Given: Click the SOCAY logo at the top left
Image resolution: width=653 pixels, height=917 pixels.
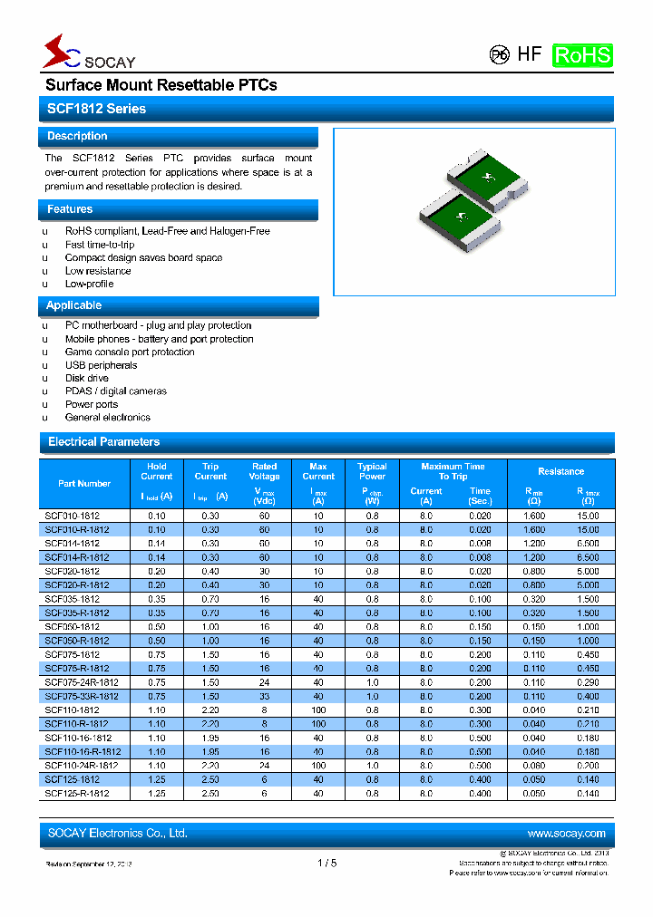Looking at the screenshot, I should pos(88,53).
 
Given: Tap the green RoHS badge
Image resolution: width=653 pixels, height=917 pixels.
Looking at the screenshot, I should pos(582,54).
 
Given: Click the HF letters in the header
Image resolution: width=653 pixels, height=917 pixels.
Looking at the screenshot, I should pos(530,53).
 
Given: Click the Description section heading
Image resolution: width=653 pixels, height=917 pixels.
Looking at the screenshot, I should pos(77,136).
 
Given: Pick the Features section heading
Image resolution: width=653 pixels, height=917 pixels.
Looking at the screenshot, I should pos(70,209).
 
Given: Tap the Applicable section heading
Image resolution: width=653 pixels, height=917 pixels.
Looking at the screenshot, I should pos(74,306).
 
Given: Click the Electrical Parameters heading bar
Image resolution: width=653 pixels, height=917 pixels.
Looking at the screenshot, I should pos(103,442).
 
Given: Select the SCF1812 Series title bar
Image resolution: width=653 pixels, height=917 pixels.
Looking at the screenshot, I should pos(96,109).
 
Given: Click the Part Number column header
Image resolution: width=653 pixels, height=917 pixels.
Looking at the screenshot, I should pos(84,484).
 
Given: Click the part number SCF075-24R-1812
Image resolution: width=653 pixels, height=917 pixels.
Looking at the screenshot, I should pos(82,682).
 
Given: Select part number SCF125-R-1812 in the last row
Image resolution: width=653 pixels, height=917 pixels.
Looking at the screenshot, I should pos(77,794).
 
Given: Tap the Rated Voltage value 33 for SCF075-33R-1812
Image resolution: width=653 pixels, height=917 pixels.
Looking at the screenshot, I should pos(264,696).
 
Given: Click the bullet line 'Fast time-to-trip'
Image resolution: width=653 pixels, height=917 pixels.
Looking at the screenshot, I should pos(100,245).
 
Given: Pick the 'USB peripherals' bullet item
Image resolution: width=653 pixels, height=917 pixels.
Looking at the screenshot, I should pos(102,365).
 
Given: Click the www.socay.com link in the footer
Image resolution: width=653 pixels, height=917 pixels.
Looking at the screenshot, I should pos(566,834).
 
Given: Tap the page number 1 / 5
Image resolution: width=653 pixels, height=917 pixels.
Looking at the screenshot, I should pos(326,864).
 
